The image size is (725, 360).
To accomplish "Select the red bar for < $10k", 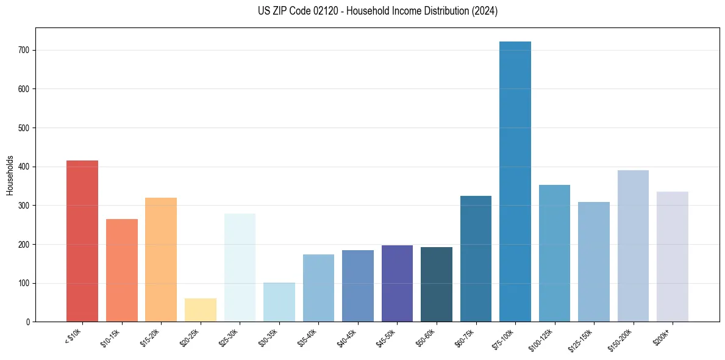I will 82,241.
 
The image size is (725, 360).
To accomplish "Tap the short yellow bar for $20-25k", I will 201,310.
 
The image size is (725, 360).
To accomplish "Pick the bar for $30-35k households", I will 279,302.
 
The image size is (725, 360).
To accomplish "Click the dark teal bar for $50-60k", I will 437,284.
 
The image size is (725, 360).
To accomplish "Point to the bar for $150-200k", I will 633,246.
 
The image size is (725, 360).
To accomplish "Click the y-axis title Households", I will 10,175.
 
